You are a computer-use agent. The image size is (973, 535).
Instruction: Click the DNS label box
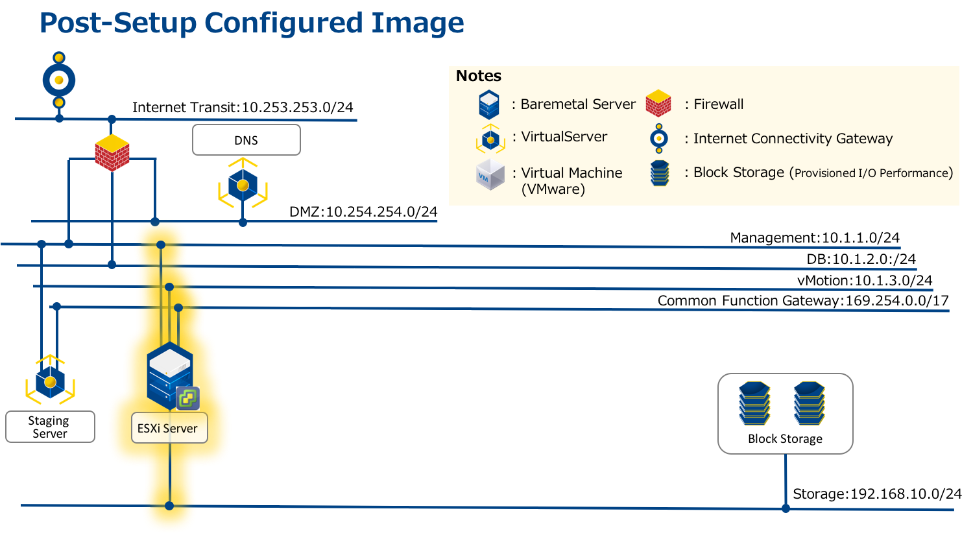pyautogui.click(x=246, y=140)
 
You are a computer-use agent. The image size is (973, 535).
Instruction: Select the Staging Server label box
pyautogui.click(x=50, y=427)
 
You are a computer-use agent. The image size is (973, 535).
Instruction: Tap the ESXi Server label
pyautogui.click(x=168, y=428)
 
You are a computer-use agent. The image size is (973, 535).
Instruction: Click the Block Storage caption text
pyautogui.click(x=785, y=439)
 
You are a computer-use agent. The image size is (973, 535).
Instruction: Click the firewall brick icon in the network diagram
pyautogui.click(x=112, y=153)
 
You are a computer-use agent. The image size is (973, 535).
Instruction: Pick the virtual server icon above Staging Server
pyautogui.click(x=50, y=381)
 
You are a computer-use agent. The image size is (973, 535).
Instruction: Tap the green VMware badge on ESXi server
pyautogui.click(x=188, y=398)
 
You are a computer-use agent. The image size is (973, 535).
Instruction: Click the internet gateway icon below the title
pyautogui.click(x=59, y=80)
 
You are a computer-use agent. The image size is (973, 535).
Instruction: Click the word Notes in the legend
pyautogui.click(x=479, y=76)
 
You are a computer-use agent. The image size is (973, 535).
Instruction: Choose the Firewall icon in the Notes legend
pyautogui.click(x=658, y=104)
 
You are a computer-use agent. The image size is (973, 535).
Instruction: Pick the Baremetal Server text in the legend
pyautogui.click(x=578, y=104)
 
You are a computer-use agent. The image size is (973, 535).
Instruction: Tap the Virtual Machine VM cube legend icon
pyautogui.click(x=490, y=175)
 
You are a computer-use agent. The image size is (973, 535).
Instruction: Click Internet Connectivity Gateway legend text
pyautogui.click(x=793, y=139)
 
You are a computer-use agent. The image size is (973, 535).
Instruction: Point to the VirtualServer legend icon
pyautogui.click(x=490, y=139)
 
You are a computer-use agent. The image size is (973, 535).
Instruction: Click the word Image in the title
pyautogui.click(x=418, y=23)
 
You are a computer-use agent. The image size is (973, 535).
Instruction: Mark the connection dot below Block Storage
pyautogui.click(x=786, y=508)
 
